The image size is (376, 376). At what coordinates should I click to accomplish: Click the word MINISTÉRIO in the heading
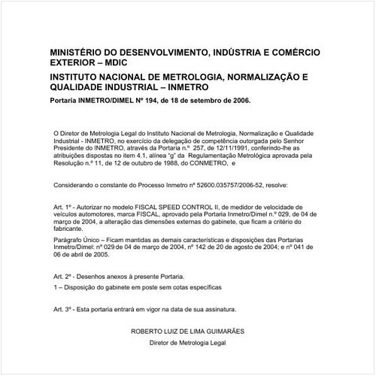(78, 53)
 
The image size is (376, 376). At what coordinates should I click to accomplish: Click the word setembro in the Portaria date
(213, 99)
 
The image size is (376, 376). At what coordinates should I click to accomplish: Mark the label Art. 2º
(66, 276)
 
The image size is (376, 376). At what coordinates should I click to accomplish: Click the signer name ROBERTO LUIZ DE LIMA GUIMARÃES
(188, 331)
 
